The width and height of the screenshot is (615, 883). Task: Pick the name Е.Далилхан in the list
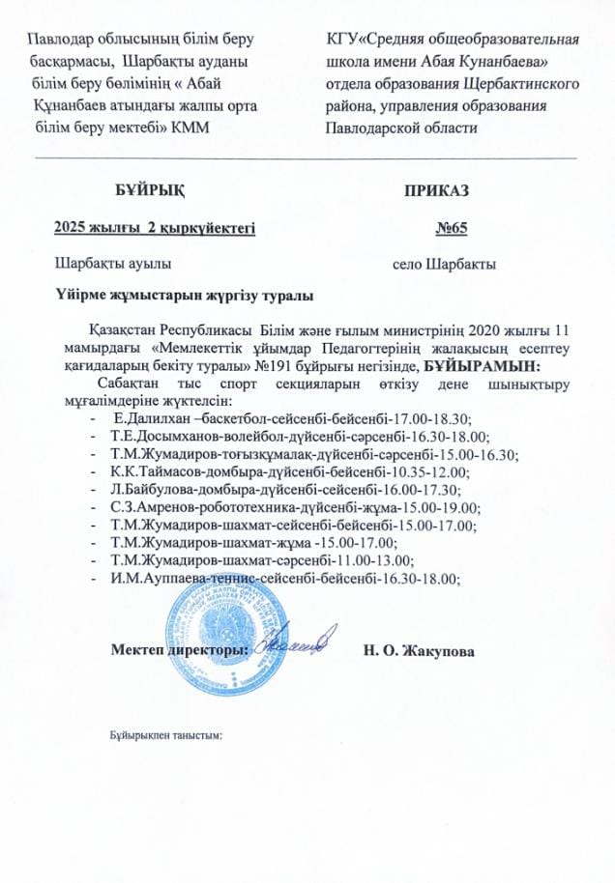coord(150,417)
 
